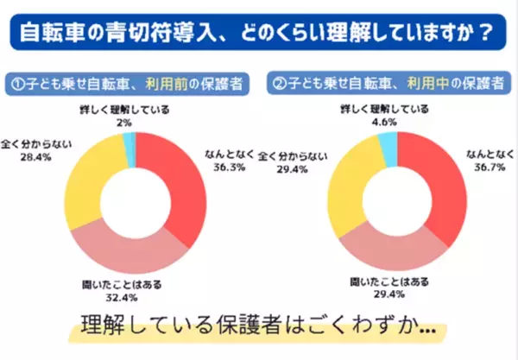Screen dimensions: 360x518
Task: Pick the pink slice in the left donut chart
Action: click(129, 246)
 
